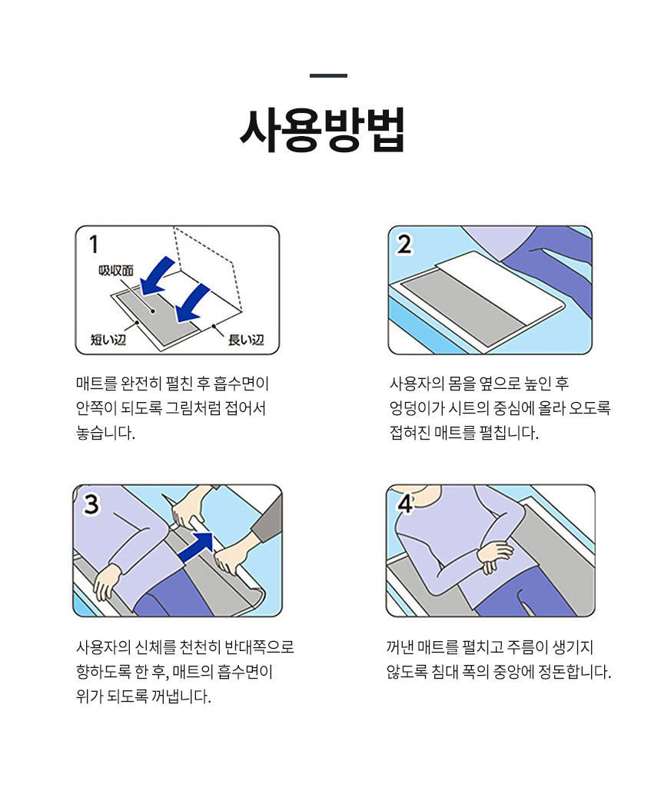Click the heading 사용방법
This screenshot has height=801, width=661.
click(x=322, y=130)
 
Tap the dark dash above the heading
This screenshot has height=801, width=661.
click(x=328, y=75)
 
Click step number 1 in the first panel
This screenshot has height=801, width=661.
click(x=93, y=244)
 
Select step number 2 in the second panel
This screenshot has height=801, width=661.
click(x=404, y=244)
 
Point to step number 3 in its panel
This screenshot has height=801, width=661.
click(x=91, y=505)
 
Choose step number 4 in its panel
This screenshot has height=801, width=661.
click(x=405, y=505)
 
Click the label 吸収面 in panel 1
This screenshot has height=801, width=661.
click(x=116, y=271)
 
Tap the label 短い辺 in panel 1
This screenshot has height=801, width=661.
click(x=108, y=339)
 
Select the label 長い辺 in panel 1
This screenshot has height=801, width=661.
click(x=246, y=340)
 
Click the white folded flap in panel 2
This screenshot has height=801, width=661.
click(x=500, y=284)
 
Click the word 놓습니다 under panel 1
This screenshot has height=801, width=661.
click(x=105, y=434)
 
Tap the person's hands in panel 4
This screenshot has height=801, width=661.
click(x=494, y=556)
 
